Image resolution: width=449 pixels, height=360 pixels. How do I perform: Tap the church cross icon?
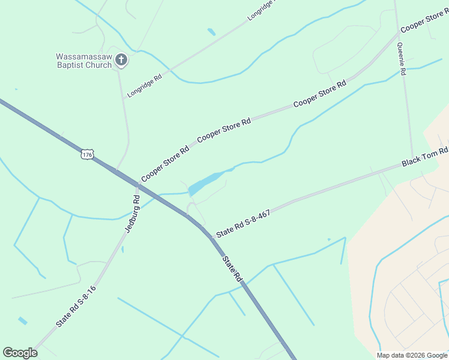tap(121, 59)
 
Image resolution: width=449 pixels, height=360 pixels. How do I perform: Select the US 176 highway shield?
tap(88, 155)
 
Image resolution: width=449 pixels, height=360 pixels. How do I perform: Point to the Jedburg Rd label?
tap(133, 214)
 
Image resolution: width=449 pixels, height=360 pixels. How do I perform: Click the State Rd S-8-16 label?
tap(76, 306)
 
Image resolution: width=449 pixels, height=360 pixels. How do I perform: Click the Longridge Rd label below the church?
tap(145, 86)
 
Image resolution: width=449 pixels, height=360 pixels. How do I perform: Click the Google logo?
tap(20, 353)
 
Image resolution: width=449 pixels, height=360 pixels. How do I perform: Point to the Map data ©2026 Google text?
tap(412, 355)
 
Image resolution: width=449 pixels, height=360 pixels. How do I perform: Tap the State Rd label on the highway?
tap(232, 269)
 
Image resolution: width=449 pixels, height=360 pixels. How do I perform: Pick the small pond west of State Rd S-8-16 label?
tap(22, 321)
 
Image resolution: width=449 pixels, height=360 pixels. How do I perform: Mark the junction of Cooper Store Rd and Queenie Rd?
tap(397, 34)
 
